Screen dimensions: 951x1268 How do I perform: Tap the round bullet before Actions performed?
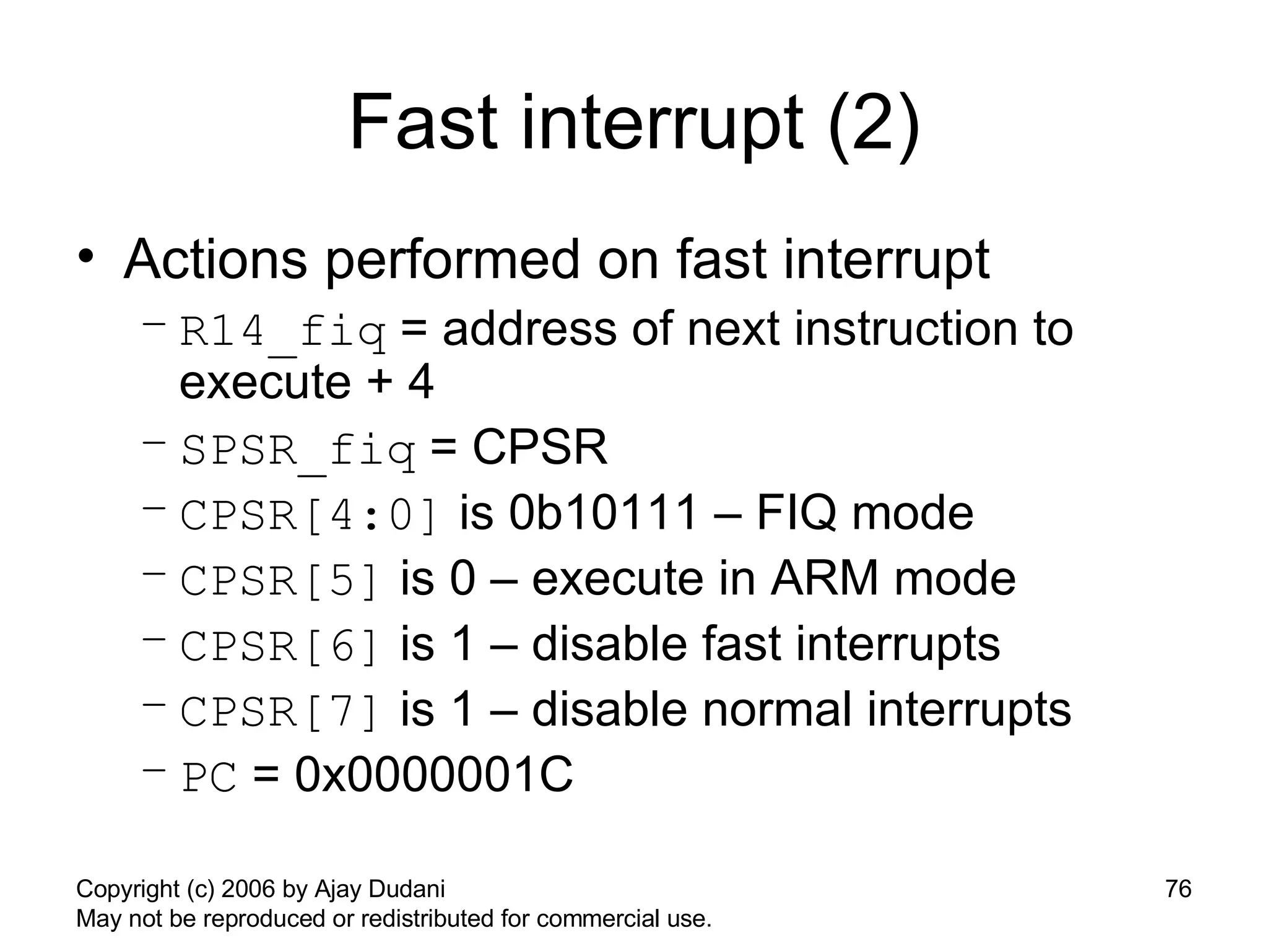tap(86, 256)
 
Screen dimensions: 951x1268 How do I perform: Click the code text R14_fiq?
tap(283, 332)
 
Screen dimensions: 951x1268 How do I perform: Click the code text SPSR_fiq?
tap(298, 450)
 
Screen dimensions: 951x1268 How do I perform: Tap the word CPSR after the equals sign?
tap(539, 447)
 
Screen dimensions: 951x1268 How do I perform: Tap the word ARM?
tap(825, 578)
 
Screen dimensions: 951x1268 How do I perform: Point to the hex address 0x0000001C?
tap(433, 775)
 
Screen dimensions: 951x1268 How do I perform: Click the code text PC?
tap(209, 778)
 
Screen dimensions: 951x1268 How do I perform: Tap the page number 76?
tap(1178, 889)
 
